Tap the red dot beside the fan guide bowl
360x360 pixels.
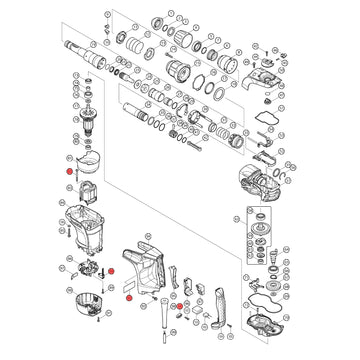(x=73, y=171)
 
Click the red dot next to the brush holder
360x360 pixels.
(x=113, y=271)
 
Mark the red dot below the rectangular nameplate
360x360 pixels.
(x=128, y=297)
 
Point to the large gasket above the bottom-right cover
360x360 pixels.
(x=267, y=296)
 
